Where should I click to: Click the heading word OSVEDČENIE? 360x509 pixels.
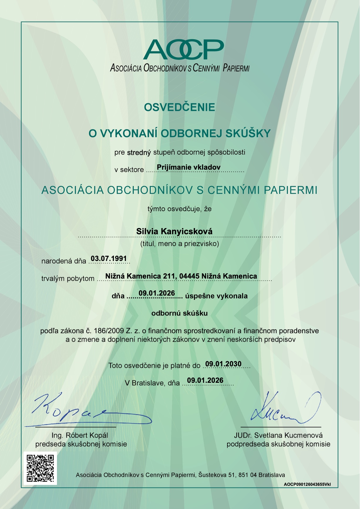[179, 107]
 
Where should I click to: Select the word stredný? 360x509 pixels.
[139, 152]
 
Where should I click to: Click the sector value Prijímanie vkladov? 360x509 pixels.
[189, 167]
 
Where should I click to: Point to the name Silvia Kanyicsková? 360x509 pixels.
[174, 231]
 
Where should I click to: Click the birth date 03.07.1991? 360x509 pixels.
[109, 259]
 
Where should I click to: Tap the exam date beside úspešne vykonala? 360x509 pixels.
[157, 293]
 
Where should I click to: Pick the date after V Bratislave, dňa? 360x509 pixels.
[205, 380]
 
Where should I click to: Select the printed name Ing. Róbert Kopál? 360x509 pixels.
[80, 435]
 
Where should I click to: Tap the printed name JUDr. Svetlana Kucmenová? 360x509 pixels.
[278, 435]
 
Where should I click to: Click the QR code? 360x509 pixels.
[41, 468]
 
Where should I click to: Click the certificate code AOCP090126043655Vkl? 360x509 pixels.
[307, 484]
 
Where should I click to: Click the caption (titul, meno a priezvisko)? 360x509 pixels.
[180, 244]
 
